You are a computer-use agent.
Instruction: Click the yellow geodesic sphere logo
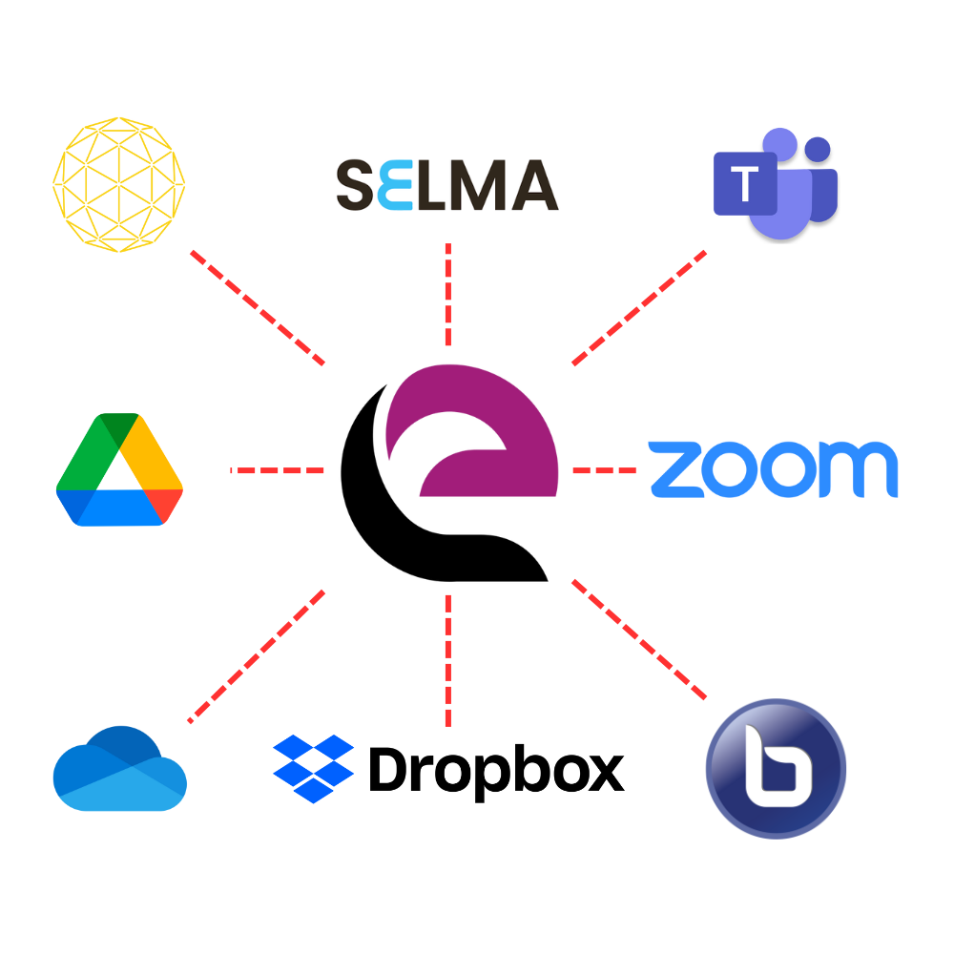[x=119, y=183]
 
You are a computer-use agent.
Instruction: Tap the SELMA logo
[x=447, y=184]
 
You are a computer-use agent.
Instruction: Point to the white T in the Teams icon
[x=743, y=182]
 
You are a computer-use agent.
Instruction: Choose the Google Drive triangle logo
[x=119, y=470]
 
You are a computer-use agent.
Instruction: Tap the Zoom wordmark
[x=773, y=469]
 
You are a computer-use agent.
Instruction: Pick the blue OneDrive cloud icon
[x=119, y=769]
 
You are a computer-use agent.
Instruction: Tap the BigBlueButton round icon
[x=776, y=768]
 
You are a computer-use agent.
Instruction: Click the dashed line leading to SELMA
[x=447, y=294]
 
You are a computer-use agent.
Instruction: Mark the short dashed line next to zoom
[x=604, y=470]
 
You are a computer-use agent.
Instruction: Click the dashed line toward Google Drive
[x=278, y=470]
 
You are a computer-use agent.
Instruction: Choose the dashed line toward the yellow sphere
[x=258, y=307]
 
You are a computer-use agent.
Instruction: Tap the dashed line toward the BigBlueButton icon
[x=639, y=638]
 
